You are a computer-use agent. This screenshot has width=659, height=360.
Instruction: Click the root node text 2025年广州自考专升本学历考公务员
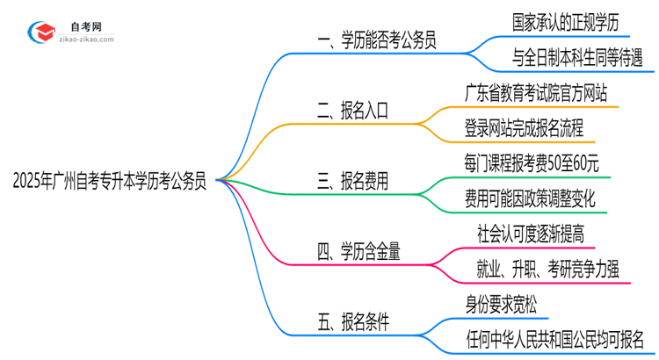pyautogui.click(x=110, y=182)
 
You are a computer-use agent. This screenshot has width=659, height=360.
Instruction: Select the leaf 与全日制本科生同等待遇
pyautogui.click(x=577, y=58)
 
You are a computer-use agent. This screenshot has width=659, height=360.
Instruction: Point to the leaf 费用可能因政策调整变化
pyautogui.click(x=530, y=199)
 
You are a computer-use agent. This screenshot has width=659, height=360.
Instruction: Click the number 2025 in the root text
pyautogui.click(x=28, y=182)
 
